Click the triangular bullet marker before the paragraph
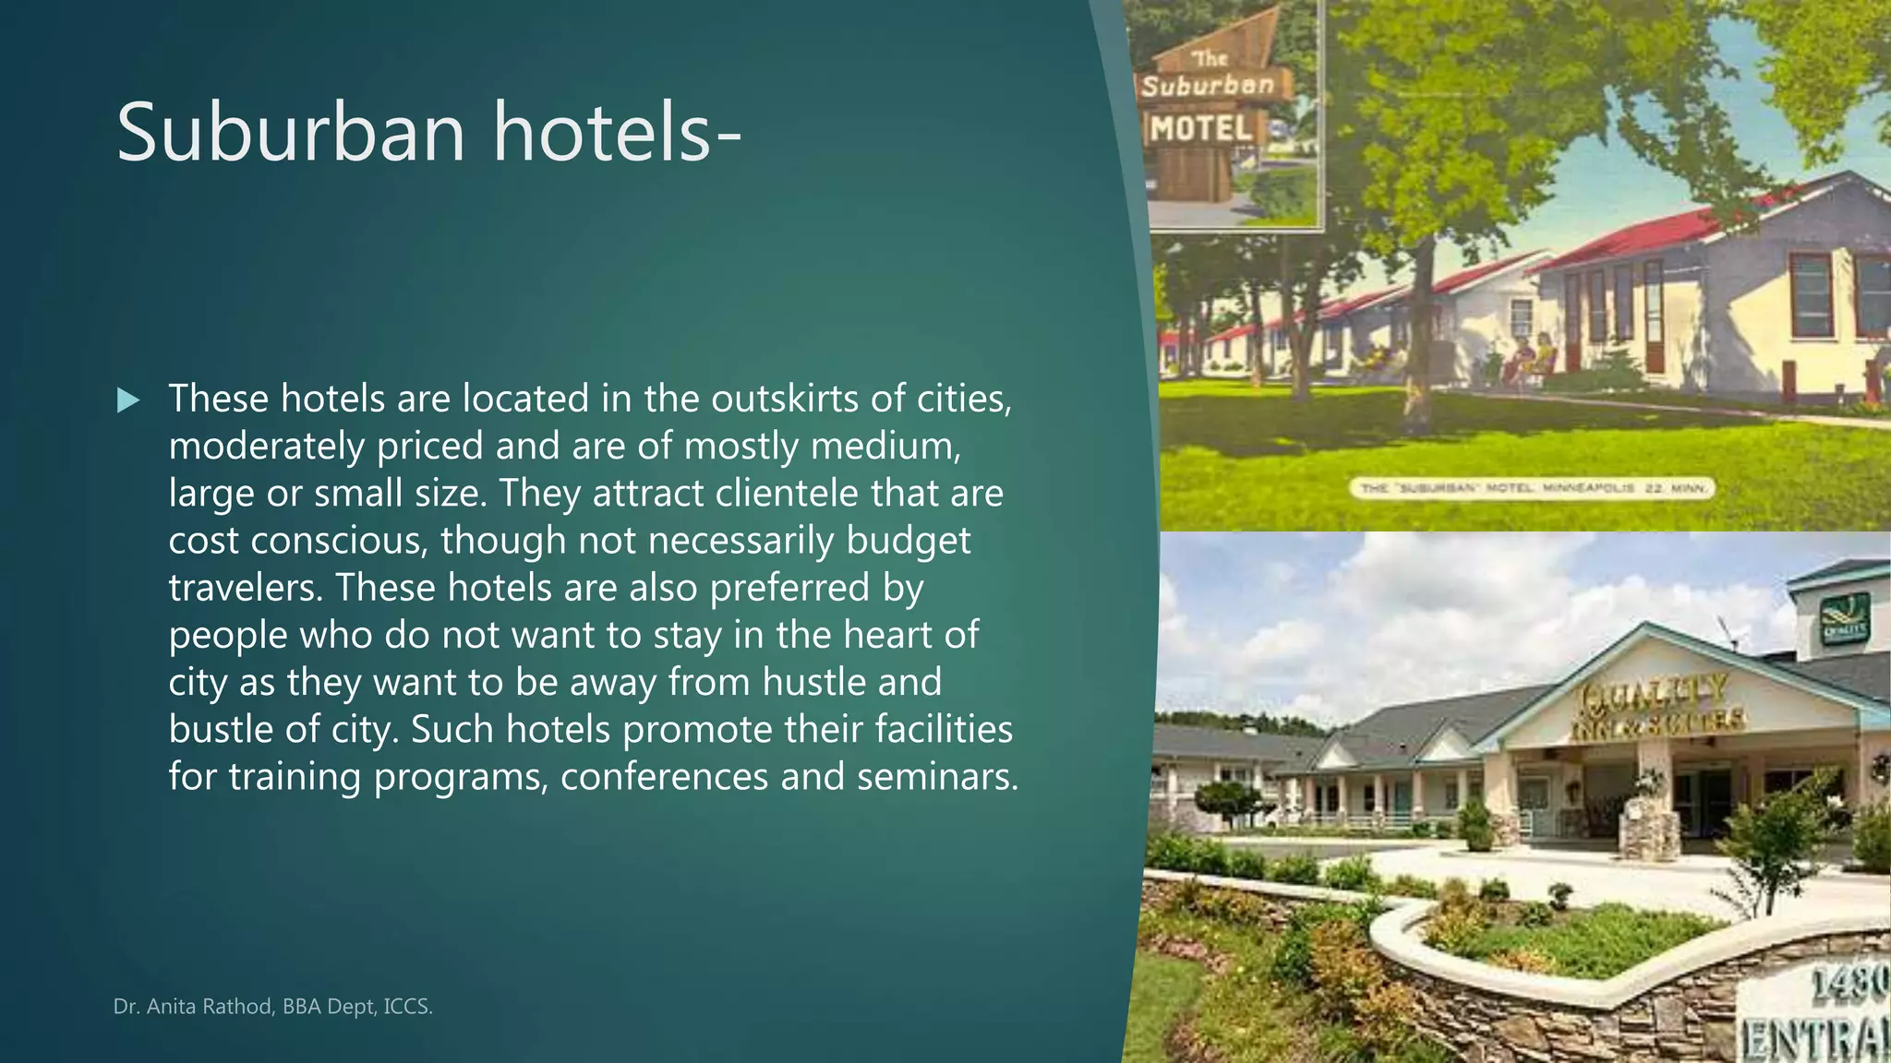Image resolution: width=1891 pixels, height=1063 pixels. [x=128, y=400]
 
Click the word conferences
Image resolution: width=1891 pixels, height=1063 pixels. [x=664, y=776]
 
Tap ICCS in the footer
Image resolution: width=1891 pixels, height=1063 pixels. [x=407, y=1006]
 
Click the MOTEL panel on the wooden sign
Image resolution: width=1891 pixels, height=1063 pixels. [x=1201, y=128]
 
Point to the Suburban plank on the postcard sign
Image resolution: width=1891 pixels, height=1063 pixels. [x=1208, y=86]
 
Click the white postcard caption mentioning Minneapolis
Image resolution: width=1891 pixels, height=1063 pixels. [x=1532, y=487]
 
